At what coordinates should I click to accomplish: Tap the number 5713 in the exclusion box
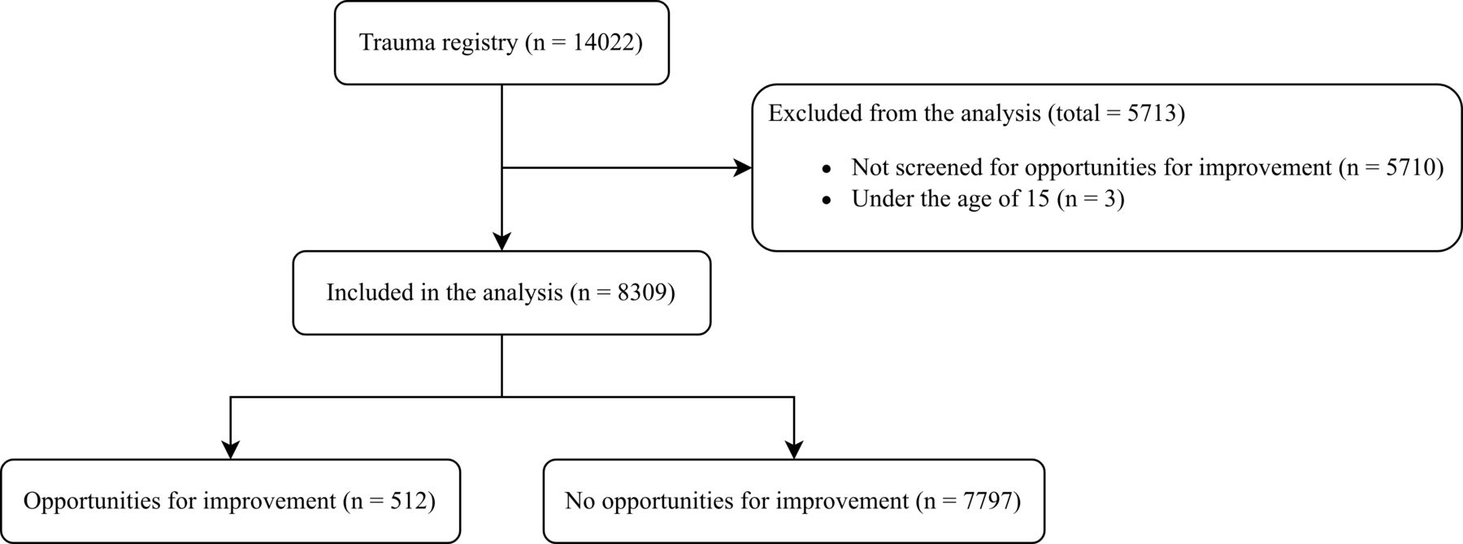1153,113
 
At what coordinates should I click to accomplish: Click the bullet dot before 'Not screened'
827,169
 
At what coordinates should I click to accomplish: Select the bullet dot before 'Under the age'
827,200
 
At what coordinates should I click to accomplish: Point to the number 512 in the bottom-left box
411,501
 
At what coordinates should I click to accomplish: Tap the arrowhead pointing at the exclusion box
743,168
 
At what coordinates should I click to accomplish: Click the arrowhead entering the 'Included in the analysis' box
502,242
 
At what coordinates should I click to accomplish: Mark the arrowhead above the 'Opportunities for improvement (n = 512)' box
231,450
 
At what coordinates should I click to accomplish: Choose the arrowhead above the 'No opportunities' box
793,450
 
